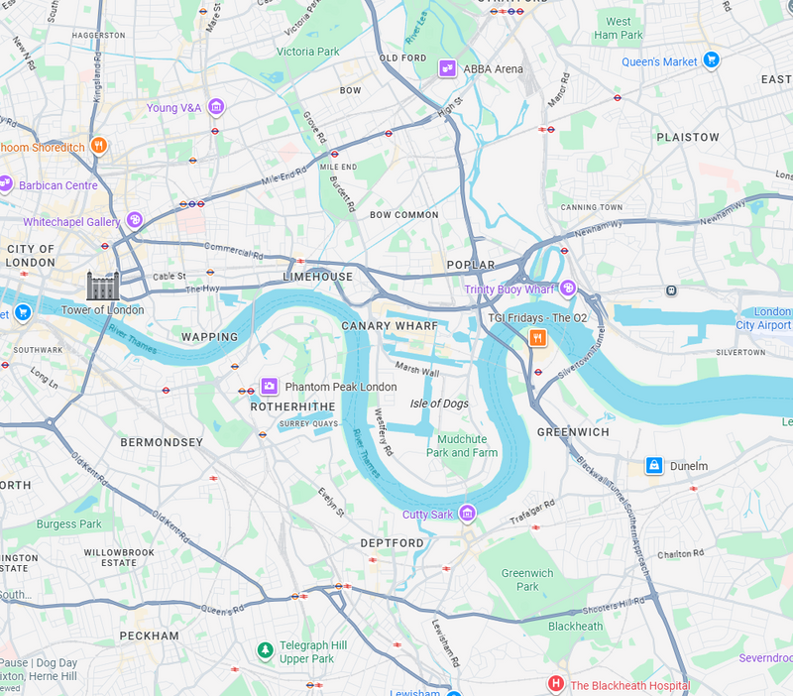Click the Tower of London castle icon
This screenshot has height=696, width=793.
pyautogui.click(x=102, y=287)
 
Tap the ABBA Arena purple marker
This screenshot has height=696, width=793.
pyautogui.click(x=449, y=68)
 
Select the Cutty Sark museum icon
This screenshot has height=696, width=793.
pyautogui.click(x=467, y=513)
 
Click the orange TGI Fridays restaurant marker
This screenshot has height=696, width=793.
pyautogui.click(x=537, y=338)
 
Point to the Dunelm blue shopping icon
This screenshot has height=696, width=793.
pyautogui.click(x=653, y=465)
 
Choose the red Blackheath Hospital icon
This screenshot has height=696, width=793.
pyautogui.click(x=556, y=684)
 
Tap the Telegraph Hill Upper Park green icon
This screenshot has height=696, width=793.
pyautogui.click(x=265, y=650)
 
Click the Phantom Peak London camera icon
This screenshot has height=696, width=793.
pyautogui.click(x=269, y=386)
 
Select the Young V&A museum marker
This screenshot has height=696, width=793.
pyautogui.click(x=215, y=107)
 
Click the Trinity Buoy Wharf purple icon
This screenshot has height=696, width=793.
pyautogui.click(x=568, y=289)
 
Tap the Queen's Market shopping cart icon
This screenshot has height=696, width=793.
pyautogui.click(x=711, y=61)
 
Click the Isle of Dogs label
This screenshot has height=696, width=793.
pyautogui.click(x=439, y=404)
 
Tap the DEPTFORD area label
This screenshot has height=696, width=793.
pyautogui.click(x=392, y=542)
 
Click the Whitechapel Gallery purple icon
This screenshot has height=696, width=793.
pyautogui.click(x=134, y=220)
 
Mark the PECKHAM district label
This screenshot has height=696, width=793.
pyautogui.click(x=149, y=635)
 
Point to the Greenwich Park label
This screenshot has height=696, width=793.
pyautogui.click(x=527, y=580)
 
